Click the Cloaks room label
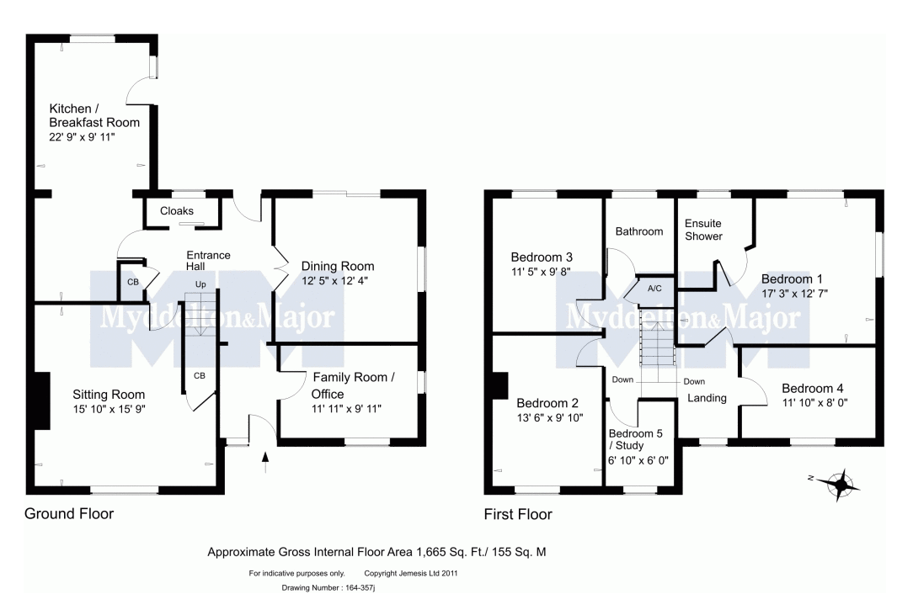tap(176, 211)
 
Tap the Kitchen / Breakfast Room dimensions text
tap(82, 137)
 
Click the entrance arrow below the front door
tap(265, 462)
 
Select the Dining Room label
tap(338, 267)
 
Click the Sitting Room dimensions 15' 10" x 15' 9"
tap(109, 410)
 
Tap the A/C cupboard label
tap(654, 289)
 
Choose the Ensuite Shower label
tap(703, 230)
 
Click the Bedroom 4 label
tap(812, 389)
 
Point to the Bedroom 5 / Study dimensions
tap(638, 460)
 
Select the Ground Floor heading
tap(69, 513)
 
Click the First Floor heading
tap(518, 514)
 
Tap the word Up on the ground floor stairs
tap(200, 285)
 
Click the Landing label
tap(707, 398)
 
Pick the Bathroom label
tap(639, 231)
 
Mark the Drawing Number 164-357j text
tap(328, 588)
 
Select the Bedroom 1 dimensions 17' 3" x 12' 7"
tap(794, 294)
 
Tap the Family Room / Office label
tap(354, 385)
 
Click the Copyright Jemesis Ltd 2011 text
tap(411, 573)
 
